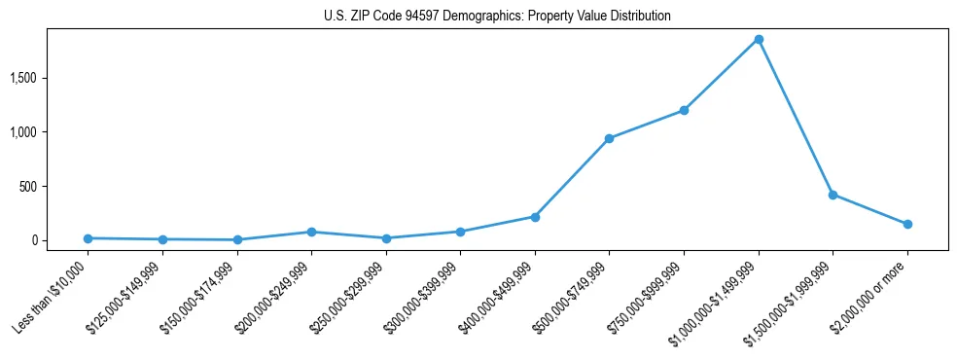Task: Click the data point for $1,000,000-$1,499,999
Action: click(x=759, y=40)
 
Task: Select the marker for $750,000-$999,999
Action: click(x=684, y=110)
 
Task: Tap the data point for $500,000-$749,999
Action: click(x=609, y=138)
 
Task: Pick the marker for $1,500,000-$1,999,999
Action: click(x=833, y=195)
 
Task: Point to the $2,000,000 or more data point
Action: click(x=907, y=224)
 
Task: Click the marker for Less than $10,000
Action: click(x=88, y=238)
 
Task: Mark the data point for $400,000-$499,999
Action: click(x=535, y=217)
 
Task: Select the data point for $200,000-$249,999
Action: click(x=311, y=232)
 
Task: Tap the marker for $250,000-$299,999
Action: click(x=386, y=238)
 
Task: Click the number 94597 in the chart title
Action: click(x=418, y=17)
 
